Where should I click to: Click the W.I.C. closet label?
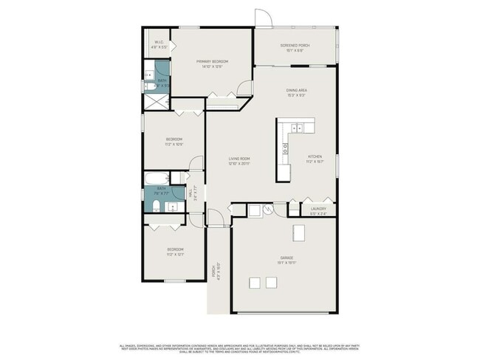[x=159, y=42]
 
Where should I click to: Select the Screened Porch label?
[x=295, y=46]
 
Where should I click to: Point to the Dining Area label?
[x=297, y=91]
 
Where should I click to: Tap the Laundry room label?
[x=318, y=209]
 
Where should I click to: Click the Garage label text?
[x=287, y=257]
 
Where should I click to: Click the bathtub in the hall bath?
[x=157, y=179]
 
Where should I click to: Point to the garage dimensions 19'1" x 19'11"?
[x=287, y=263]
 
